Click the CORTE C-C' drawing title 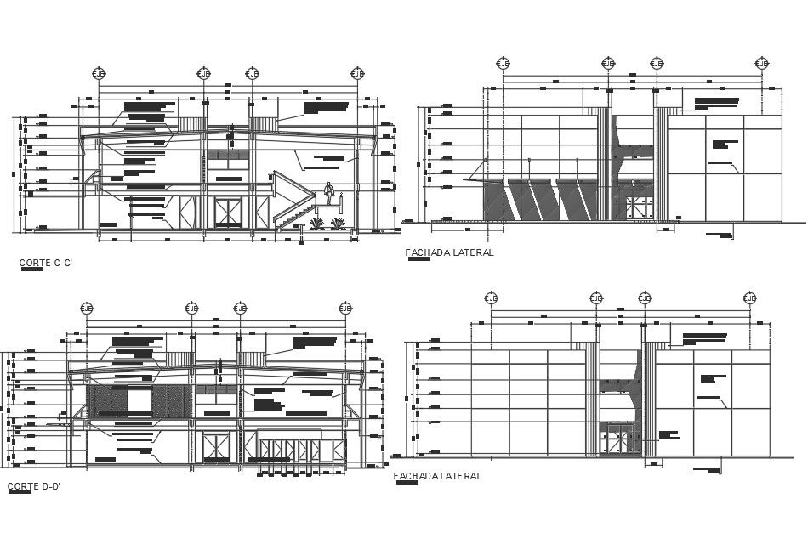click(46, 263)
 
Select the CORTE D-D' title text click(33, 486)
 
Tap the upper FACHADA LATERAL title click(449, 252)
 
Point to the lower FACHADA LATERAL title click(437, 476)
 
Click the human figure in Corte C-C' click(329, 199)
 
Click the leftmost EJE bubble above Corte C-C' click(100, 74)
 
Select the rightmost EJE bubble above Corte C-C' click(358, 74)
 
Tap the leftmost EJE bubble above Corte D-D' click(87, 308)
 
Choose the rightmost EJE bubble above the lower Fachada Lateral click(750, 298)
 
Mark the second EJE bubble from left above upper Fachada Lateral click(608, 64)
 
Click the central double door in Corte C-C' click(227, 211)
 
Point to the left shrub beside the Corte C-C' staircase click(316, 224)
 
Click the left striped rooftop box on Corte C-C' click(191, 124)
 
